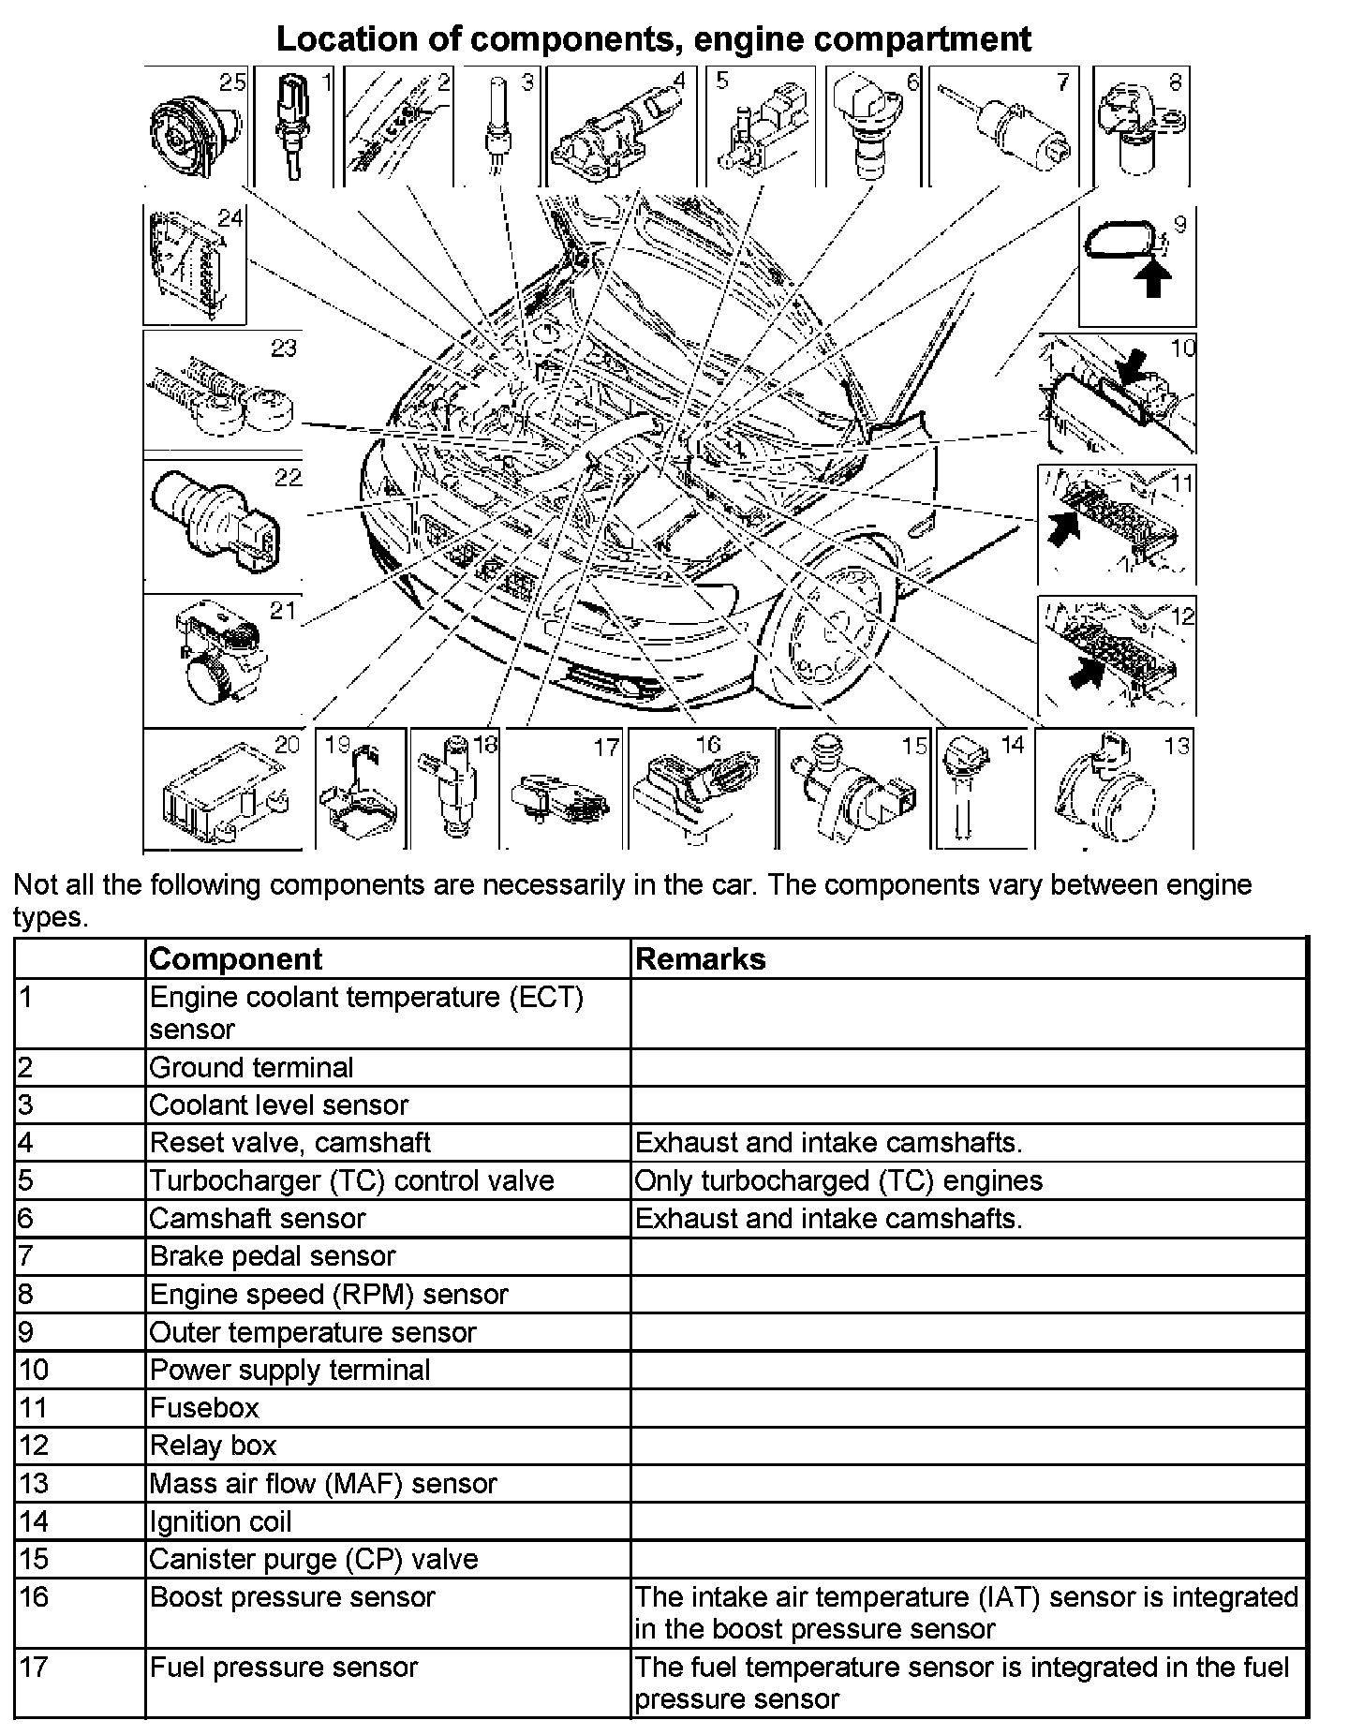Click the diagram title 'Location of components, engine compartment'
[x=653, y=39]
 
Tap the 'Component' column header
[x=235, y=959]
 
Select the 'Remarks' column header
[x=700, y=959]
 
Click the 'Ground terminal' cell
[x=251, y=1067]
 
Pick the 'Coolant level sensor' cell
[x=278, y=1105]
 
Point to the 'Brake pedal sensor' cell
[x=273, y=1255]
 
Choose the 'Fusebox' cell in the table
[x=204, y=1407]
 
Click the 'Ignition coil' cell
[x=220, y=1521]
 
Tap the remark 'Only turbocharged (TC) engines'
[x=838, y=1180]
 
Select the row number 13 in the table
[x=34, y=1483]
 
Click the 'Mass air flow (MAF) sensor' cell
[x=323, y=1483]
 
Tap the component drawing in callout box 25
[x=189, y=136]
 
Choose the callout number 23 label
[x=283, y=348]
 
